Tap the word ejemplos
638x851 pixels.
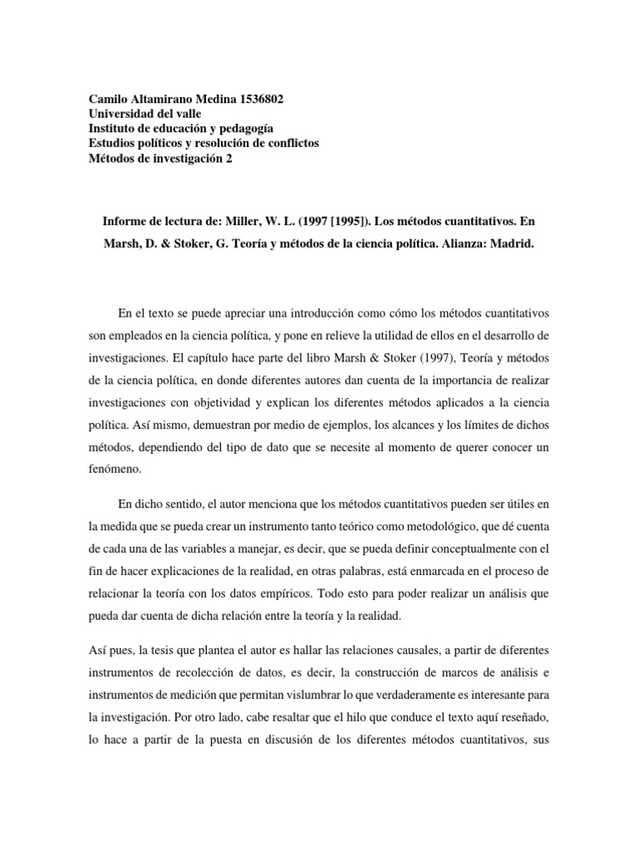pyautogui.click(x=286, y=421)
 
